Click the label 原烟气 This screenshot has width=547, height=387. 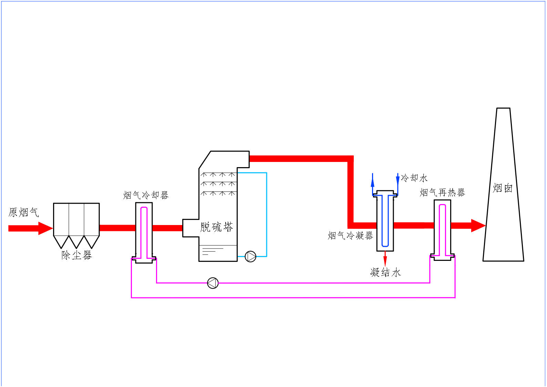[x=23, y=212]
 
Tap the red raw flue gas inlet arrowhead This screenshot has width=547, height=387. [x=46, y=228]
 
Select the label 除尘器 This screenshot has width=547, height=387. [x=76, y=255]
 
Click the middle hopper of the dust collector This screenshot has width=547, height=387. [x=76, y=241]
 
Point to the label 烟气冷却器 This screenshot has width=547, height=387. [x=146, y=195]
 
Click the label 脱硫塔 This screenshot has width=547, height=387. [x=216, y=227]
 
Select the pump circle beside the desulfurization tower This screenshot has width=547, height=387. [x=250, y=256]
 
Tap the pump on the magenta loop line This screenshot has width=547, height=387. [x=213, y=283]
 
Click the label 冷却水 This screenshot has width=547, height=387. [x=414, y=178]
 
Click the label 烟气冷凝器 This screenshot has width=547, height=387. [x=350, y=236]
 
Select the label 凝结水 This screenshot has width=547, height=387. [x=385, y=273]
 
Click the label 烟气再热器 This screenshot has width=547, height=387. [x=442, y=193]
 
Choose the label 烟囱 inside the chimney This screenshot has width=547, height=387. [x=503, y=188]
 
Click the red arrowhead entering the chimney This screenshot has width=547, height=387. [x=478, y=226]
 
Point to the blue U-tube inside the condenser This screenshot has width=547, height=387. [x=385, y=221]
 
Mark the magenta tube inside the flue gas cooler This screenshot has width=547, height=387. [x=144, y=231]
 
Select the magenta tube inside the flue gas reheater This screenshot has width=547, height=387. [x=443, y=229]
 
